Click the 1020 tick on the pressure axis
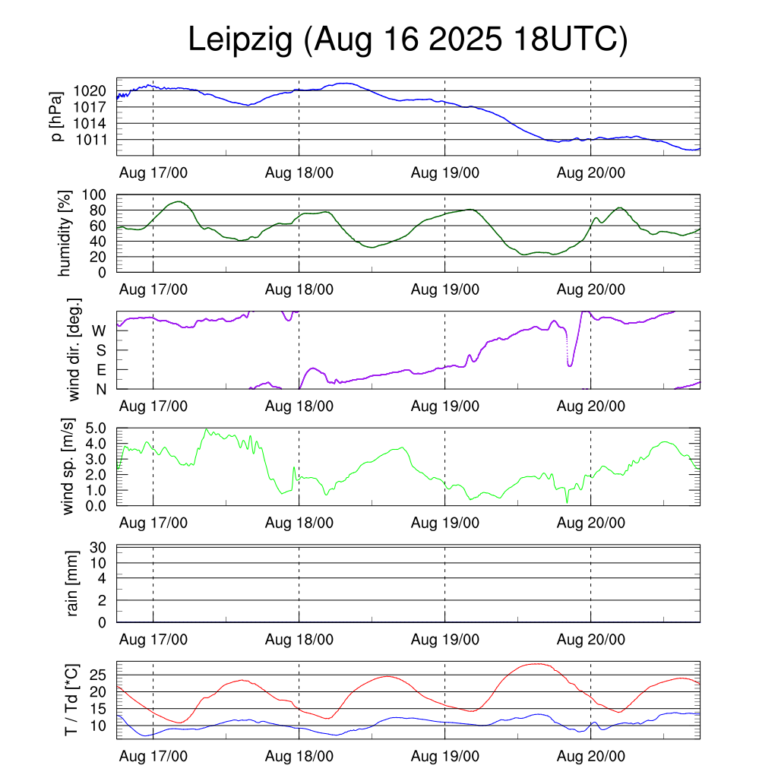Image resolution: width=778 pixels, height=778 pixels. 93,90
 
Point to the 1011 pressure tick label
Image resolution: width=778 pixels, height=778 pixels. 93,140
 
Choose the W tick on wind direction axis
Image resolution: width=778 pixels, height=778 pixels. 99,330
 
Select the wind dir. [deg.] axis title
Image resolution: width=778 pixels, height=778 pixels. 74,350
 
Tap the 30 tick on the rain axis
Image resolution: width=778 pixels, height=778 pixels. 100,547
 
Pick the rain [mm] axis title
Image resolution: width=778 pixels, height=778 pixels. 74,583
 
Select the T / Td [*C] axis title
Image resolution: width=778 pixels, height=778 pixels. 71,699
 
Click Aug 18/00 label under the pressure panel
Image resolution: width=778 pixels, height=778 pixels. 299,172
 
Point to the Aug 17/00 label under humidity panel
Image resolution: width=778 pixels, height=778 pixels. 153,289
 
